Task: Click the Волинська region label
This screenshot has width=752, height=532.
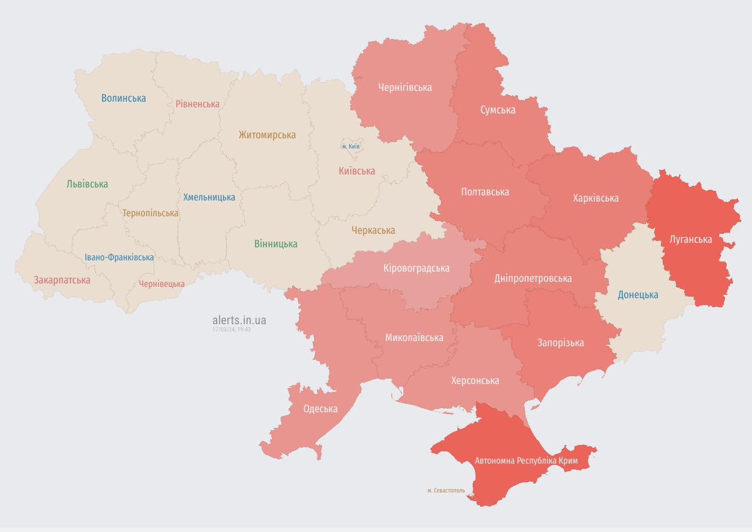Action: (124, 98)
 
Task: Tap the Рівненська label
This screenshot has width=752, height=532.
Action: (197, 104)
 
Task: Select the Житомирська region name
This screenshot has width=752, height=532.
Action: (267, 135)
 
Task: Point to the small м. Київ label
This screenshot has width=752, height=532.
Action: (351, 146)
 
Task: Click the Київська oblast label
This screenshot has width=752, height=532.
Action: (357, 171)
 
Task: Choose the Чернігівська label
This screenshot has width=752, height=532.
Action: (405, 88)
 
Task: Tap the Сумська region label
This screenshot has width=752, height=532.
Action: (498, 110)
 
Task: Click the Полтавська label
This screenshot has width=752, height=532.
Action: (485, 192)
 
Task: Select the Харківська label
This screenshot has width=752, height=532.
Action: (595, 198)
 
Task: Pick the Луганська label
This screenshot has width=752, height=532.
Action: (691, 239)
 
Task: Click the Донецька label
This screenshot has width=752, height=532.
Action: (638, 295)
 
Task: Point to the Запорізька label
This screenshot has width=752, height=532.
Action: (560, 343)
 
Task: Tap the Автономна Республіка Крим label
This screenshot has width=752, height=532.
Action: (526, 461)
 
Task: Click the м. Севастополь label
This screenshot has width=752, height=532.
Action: (446, 490)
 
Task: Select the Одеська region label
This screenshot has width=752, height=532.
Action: (320, 409)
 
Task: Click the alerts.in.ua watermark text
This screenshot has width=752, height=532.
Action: (239, 320)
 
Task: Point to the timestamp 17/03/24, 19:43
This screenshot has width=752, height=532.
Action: (231, 329)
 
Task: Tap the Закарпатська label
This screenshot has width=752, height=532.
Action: (62, 280)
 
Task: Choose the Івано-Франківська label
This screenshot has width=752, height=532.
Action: (119, 258)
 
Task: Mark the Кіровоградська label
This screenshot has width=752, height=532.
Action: (416, 268)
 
